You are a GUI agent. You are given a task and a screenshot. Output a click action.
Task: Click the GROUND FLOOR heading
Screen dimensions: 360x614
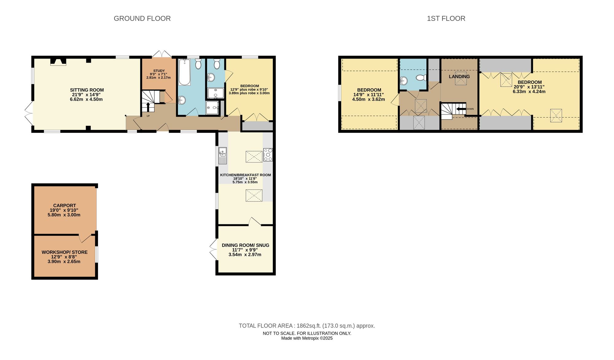142,18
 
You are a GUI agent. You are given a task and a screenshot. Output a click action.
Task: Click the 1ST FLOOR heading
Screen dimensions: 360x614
446,18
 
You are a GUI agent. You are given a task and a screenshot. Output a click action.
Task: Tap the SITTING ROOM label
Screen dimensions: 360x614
87,90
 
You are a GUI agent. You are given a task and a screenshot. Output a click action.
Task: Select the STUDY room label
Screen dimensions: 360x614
159,71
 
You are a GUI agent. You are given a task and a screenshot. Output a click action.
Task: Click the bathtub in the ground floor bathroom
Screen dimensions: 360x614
185,72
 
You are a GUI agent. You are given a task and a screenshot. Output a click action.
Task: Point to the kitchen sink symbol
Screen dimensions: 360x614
223,156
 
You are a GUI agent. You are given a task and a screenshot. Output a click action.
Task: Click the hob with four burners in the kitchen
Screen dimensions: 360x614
268,155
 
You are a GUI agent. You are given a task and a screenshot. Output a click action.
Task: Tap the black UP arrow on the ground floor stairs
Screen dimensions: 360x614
148,107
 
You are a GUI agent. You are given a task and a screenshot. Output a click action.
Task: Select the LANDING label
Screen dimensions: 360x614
459,76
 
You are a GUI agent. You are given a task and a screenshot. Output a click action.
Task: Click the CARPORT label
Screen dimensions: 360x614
64,206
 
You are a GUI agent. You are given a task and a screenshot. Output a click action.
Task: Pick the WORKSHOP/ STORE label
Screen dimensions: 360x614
64,252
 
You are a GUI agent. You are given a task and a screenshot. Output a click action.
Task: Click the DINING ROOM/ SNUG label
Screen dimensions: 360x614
245,245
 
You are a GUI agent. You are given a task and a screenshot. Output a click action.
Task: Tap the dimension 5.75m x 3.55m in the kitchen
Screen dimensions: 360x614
245,182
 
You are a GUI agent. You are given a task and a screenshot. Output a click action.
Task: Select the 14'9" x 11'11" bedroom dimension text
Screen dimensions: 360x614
368,95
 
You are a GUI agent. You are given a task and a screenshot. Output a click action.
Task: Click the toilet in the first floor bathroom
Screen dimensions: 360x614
421,77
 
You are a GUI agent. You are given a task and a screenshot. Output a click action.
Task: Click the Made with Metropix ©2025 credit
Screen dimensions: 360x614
307,338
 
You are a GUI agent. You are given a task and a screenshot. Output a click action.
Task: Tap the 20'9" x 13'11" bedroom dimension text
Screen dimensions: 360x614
529,87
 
